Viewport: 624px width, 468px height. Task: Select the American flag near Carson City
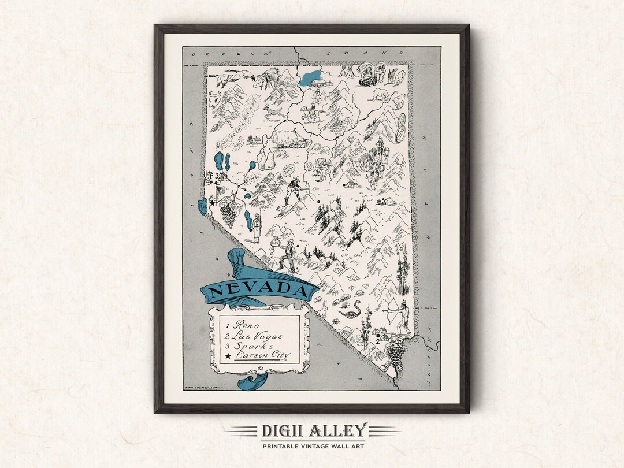pos(220,190)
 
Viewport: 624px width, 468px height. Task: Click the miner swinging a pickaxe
pos(295,191)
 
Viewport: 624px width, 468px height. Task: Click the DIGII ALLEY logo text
pos(313,430)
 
